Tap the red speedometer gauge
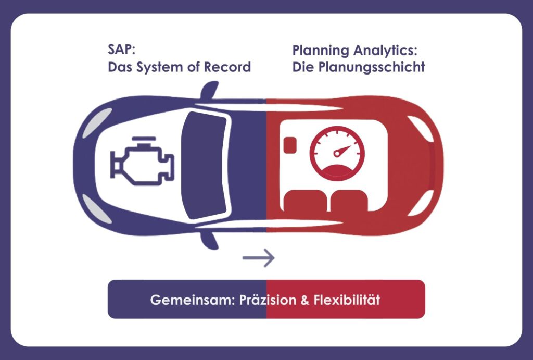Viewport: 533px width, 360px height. pyautogui.click(x=337, y=153)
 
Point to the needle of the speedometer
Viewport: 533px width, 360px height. pyautogui.click(x=341, y=151)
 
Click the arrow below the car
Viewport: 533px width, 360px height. pyautogui.click(x=258, y=258)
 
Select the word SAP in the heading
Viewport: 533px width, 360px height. pyautogui.click(x=121, y=49)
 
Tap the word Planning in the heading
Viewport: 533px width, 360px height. pyautogui.click(x=321, y=51)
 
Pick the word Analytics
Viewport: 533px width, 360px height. pyautogui.click(x=385, y=51)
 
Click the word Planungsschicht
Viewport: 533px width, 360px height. pyautogui.click(x=372, y=67)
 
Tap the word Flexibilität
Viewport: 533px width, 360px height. pyautogui.click(x=346, y=300)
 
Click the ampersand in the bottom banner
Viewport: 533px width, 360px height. pyautogui.click(x=305, y=300)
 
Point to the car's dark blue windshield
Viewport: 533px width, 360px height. pyautogui.click(x=204, y=165)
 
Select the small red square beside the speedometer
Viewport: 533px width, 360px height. pyautogui.click(x=289, y=145)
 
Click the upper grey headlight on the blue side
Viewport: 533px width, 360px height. pyautogui.click(x=96, y=122)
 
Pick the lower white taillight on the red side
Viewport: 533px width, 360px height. pyautogui.click(x=422, y=203)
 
